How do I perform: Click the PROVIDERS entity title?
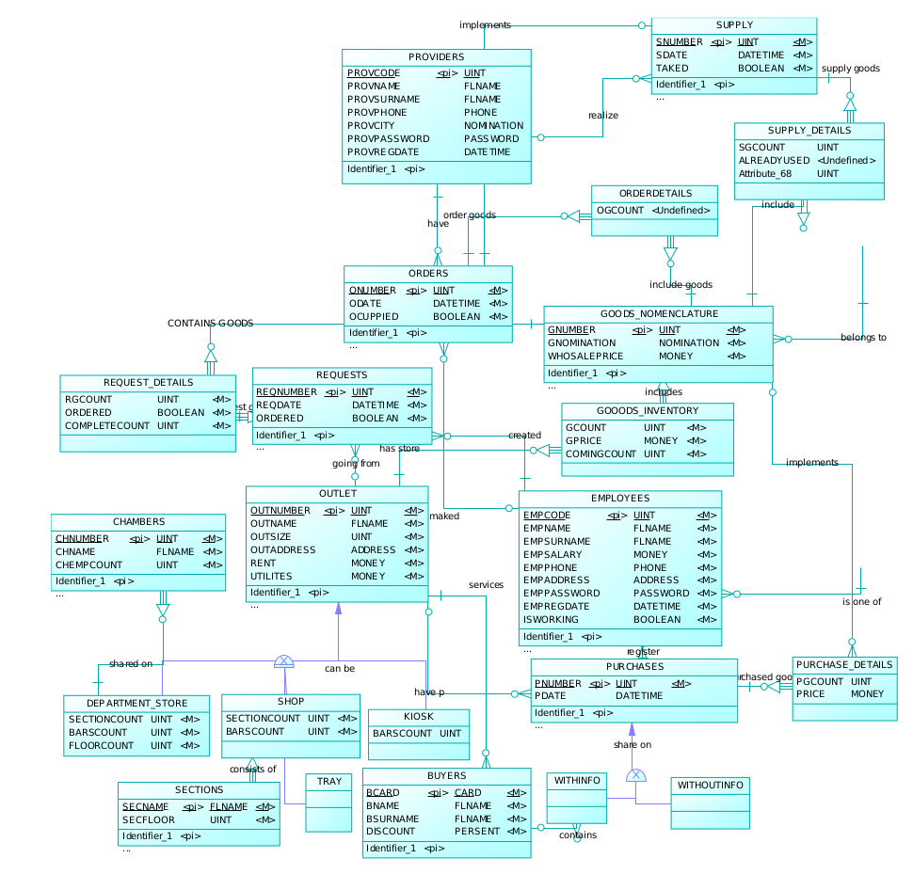436,58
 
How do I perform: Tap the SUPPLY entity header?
733,25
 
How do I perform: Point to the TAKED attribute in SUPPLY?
672,69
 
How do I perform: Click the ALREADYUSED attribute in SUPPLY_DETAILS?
774,161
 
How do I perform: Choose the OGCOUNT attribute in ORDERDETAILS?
619,210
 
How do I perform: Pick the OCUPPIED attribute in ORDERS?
374,316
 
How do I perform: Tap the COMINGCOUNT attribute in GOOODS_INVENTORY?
601,453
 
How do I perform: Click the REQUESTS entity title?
341,375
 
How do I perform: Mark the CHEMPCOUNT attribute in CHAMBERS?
89,565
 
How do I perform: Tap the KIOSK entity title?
417,717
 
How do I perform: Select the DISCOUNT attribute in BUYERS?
391,832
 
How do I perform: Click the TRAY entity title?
328,782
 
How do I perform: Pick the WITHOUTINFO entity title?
710,785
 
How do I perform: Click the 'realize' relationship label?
603,115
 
